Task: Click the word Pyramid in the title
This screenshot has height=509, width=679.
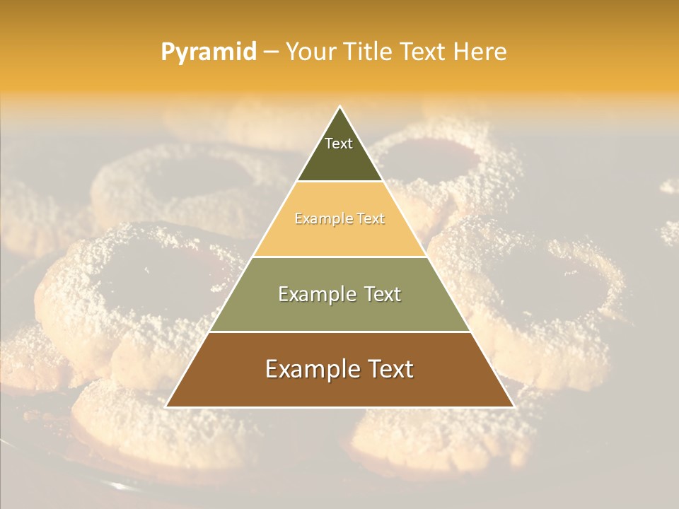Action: (x=208, y=52)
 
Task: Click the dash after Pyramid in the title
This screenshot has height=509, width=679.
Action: (x=271, y=52)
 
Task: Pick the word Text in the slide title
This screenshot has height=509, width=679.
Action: (x=426, y=52)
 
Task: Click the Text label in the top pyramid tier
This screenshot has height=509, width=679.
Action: (x=339, y=144)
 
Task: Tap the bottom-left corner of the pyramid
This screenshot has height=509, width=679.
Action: (x=167, y=406)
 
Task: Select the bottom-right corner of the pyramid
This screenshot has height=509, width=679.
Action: (x=513, y=406)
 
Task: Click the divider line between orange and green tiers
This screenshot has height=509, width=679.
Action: (x=339, y=257)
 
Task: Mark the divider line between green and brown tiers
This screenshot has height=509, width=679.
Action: (x=339, y=332)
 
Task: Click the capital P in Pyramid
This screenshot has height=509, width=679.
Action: (x=168, y=52)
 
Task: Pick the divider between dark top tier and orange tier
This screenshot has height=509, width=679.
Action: (x=339, y=182)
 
